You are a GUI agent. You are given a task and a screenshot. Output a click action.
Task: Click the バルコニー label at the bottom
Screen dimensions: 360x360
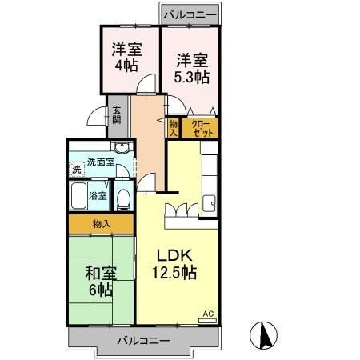tap(142, 339)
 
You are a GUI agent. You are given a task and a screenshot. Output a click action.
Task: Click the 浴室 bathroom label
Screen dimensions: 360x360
tap(98, 194)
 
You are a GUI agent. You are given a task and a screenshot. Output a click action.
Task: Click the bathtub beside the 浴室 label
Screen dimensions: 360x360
tap(78, 194)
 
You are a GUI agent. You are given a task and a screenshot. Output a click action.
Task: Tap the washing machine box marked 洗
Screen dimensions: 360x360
tap(76, 169)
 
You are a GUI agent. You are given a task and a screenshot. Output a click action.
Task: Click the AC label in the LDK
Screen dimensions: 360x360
tap(208, 314)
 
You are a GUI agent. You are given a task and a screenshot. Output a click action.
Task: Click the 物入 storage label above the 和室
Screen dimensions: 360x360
tap(100, 224)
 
